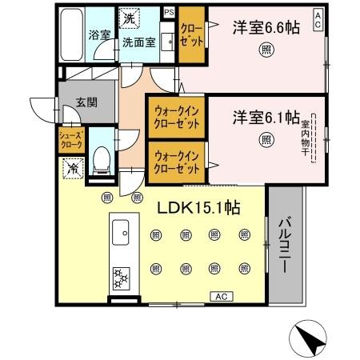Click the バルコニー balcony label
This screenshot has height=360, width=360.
(x=284, y=244)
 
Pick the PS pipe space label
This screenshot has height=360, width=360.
(x=168, y=13)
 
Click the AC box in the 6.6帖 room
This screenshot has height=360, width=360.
(x=318, y=15)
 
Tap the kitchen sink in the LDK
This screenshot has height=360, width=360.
(x=123, y=234)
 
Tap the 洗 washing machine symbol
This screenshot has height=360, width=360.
(x=129, y=16)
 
